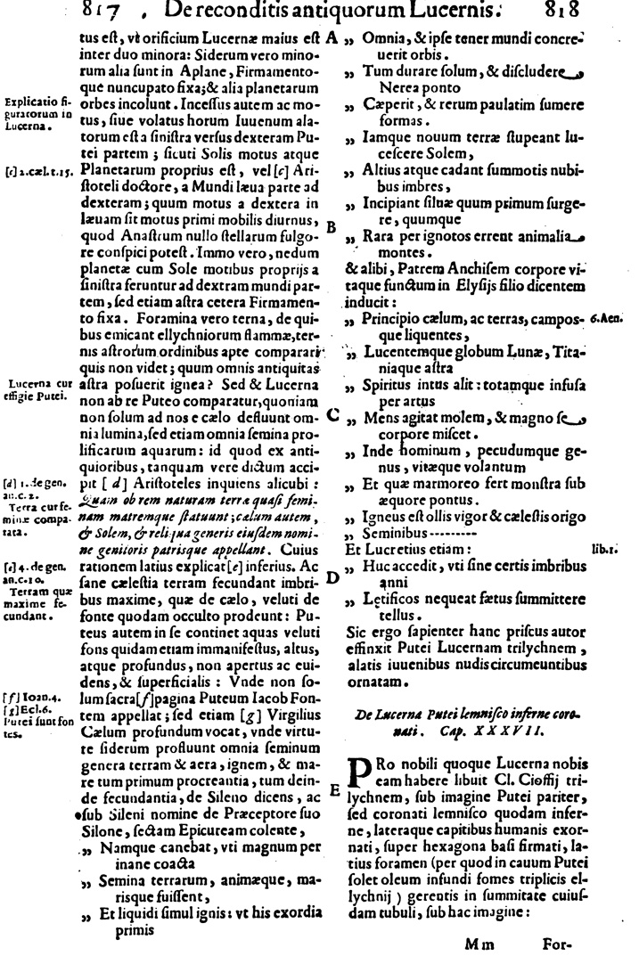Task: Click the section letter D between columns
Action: tap(332, 577)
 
